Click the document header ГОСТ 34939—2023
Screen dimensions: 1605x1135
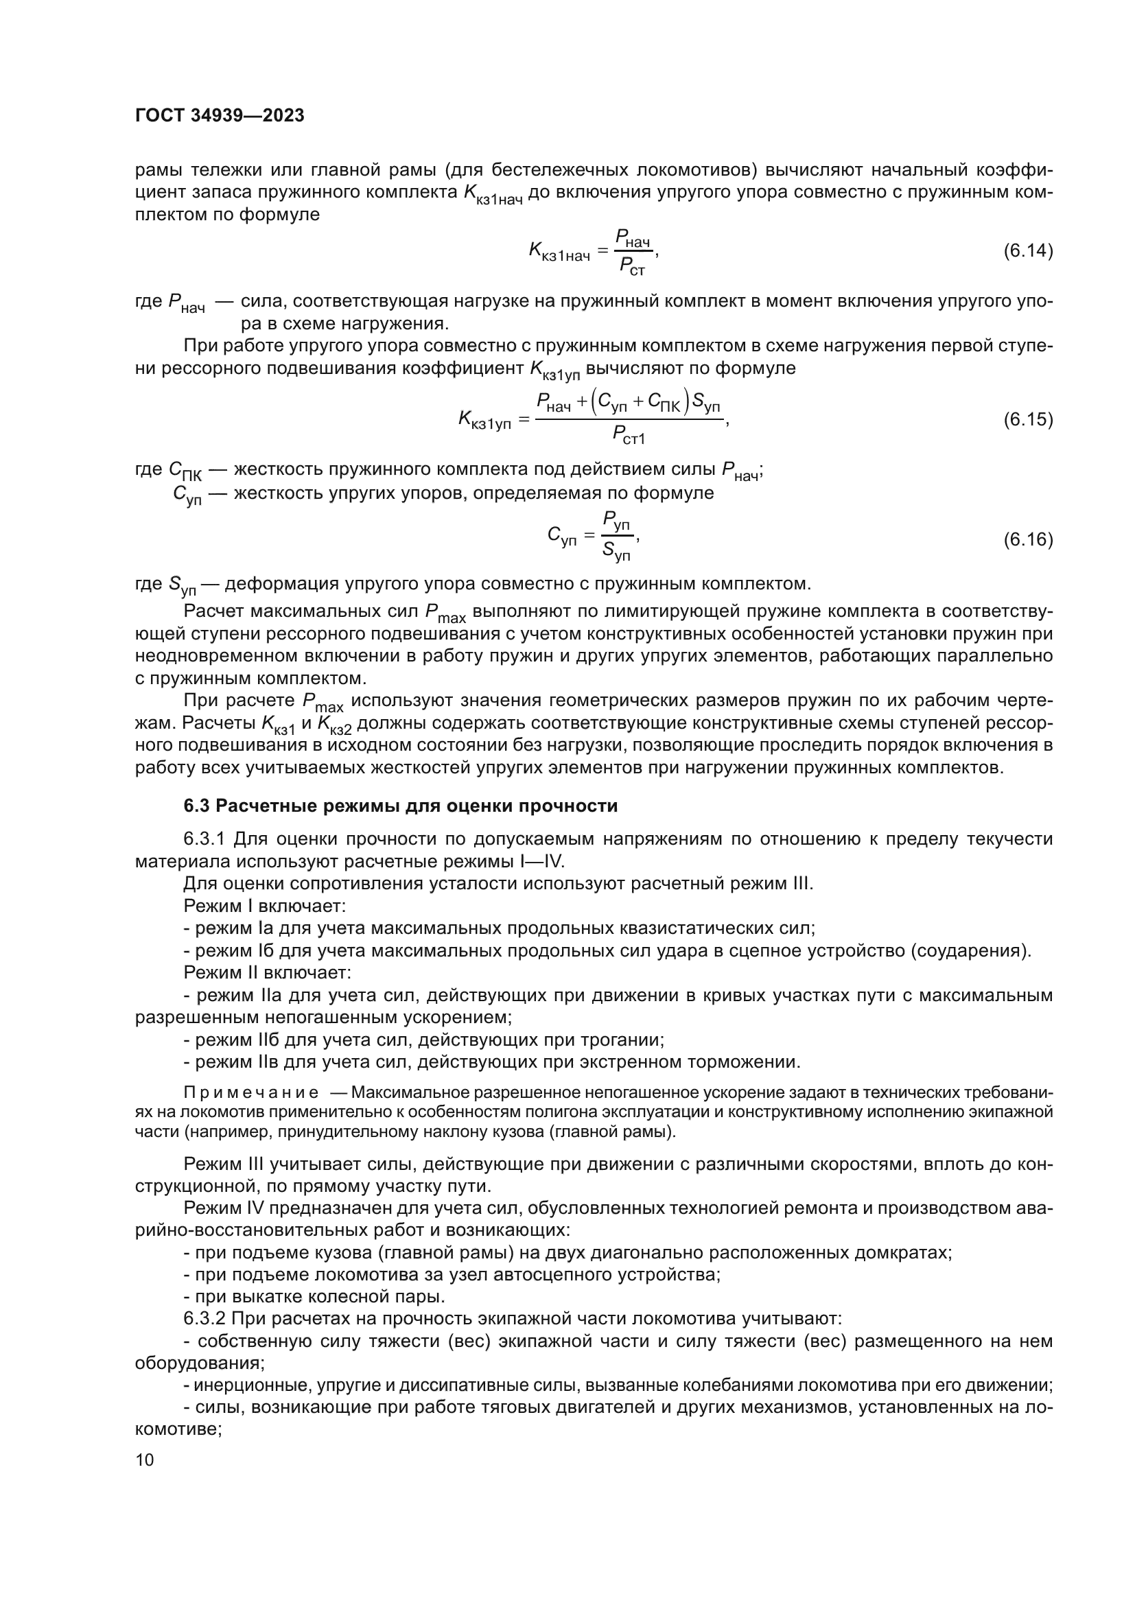[220, 115]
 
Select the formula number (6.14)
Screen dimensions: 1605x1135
[1027, 251]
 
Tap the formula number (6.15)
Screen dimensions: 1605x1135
[1027, 419]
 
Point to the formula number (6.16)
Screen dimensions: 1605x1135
[1027, 539]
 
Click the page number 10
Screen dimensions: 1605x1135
[145, 1460]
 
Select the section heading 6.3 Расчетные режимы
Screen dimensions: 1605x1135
[401, 806]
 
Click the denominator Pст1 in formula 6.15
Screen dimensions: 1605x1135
[629, 436]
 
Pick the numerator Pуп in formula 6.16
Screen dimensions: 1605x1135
[617, 522]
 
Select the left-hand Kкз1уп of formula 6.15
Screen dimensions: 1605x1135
[484, 420]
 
